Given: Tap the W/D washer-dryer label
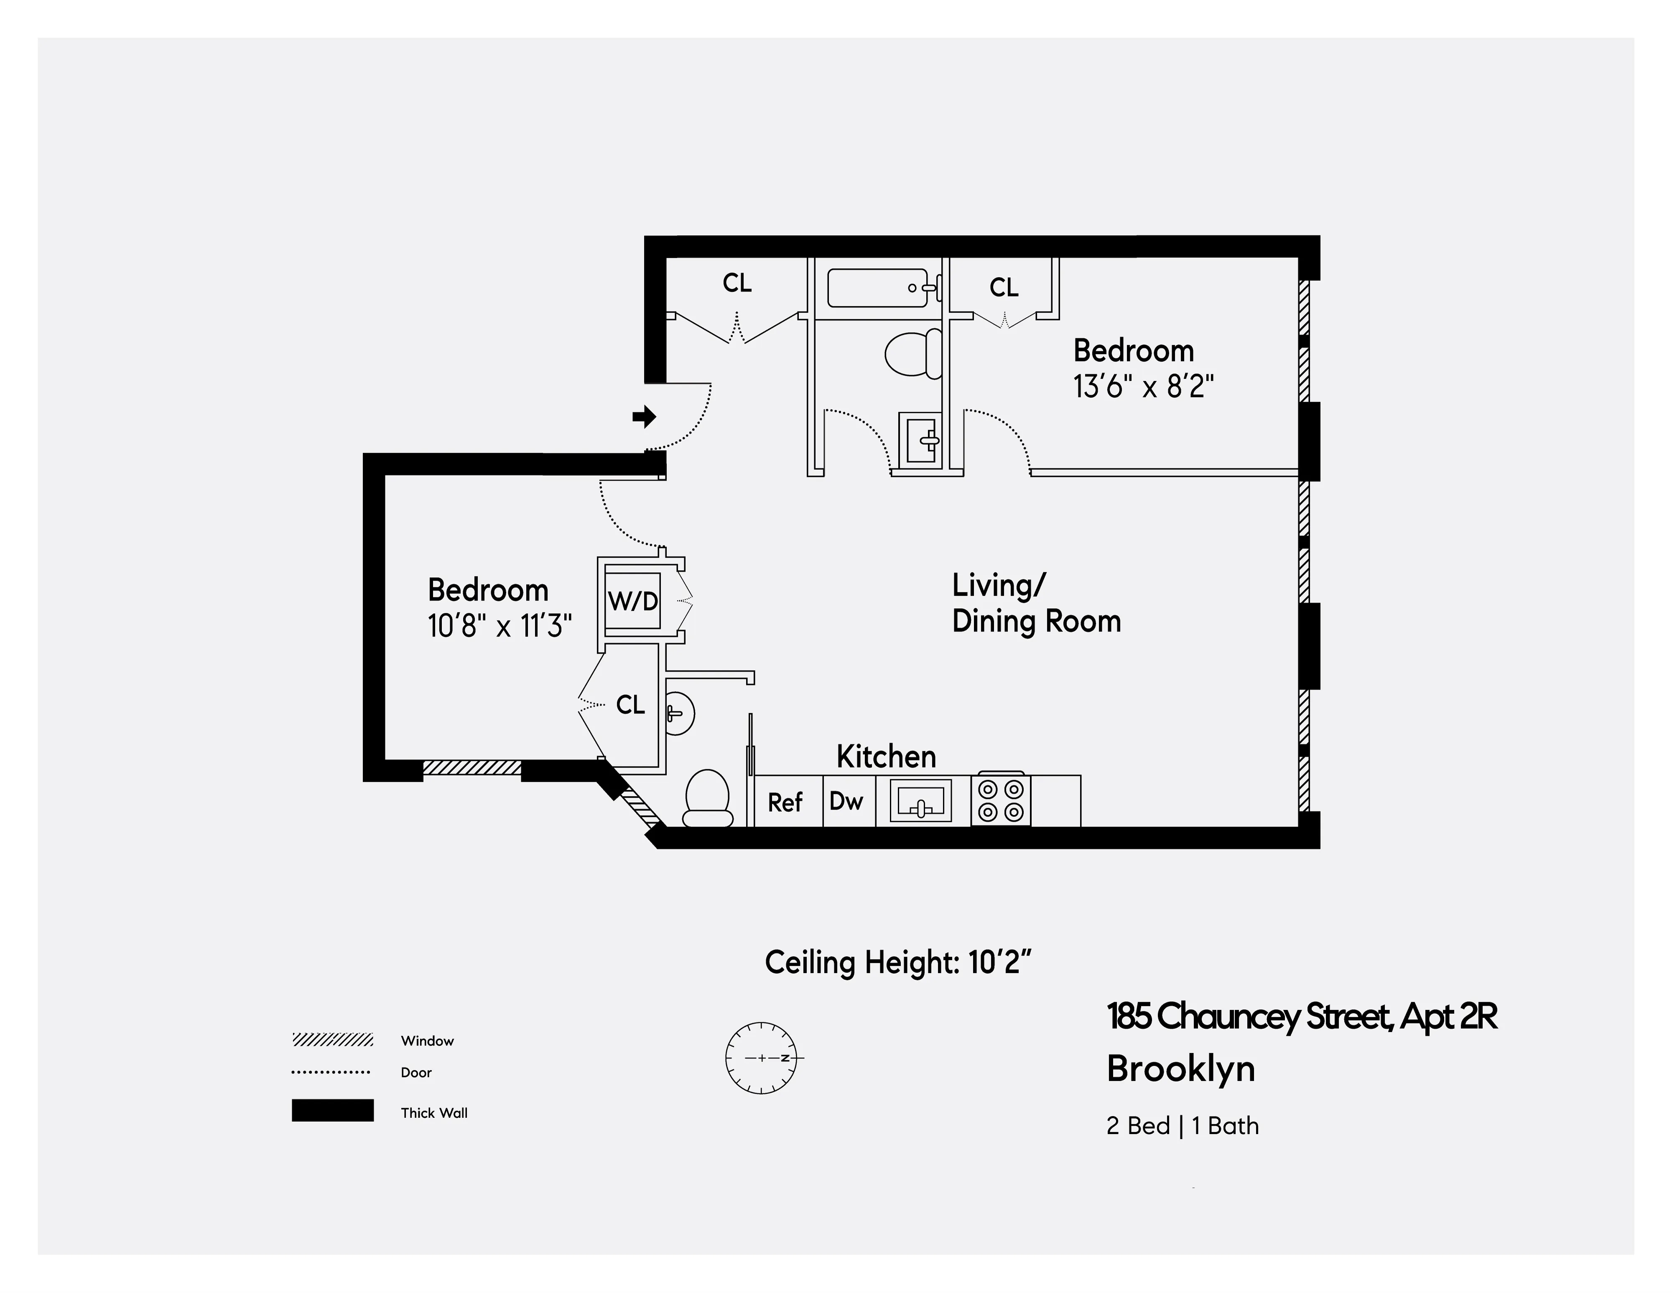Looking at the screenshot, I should tap(633, 601).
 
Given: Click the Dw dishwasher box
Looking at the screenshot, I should tap(847, 801).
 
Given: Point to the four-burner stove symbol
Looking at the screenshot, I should tap(1001, 800).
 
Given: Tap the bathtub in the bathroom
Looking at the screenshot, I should tap(878, 288).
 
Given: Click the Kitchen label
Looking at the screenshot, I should tap(886, 756).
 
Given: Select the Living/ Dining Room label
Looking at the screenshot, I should tap(1036, 603).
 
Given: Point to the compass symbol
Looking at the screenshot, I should tap(761, 1058).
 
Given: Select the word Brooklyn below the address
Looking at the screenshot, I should tap(1180, 1069).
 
